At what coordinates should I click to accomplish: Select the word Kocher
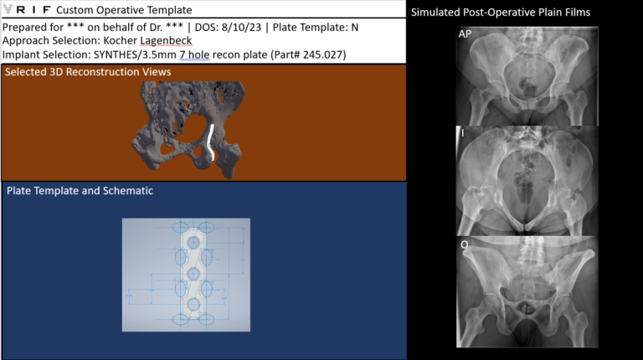click(x=121, y=40)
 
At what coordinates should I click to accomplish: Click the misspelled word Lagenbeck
click(x=166, y=41)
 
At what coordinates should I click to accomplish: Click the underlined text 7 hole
click(x=194, y=54)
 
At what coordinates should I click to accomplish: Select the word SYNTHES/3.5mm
click(x=135, y=54)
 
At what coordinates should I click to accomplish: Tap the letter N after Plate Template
click(x=354, y=28)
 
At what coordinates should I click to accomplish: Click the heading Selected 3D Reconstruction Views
click(x=88, y=72)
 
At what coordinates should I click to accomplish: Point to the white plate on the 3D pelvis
click(x=211, y=142)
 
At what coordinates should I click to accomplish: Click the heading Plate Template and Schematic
click(x=80, y=191)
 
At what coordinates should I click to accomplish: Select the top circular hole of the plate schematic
click(x=193, y=243)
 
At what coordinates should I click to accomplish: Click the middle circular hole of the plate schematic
click(x=193, y=274)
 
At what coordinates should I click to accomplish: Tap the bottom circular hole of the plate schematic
click(x=193, y=305)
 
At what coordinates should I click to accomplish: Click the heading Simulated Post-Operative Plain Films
click(x=501, y=13)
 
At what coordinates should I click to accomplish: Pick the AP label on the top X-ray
click(x=465, y=34)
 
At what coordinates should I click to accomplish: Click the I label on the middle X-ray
click(x=462, y=133)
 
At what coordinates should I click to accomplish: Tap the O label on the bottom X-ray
click(x=464, y=244)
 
